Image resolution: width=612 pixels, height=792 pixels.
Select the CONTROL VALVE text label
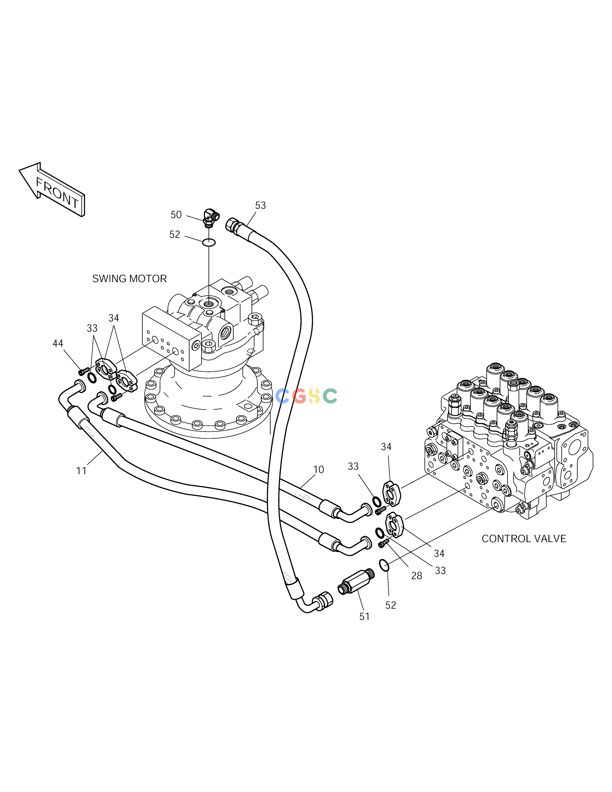coord(523,538)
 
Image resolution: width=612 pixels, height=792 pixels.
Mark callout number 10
coord(318,470)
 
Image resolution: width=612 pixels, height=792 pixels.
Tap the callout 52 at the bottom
coord(390,605)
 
